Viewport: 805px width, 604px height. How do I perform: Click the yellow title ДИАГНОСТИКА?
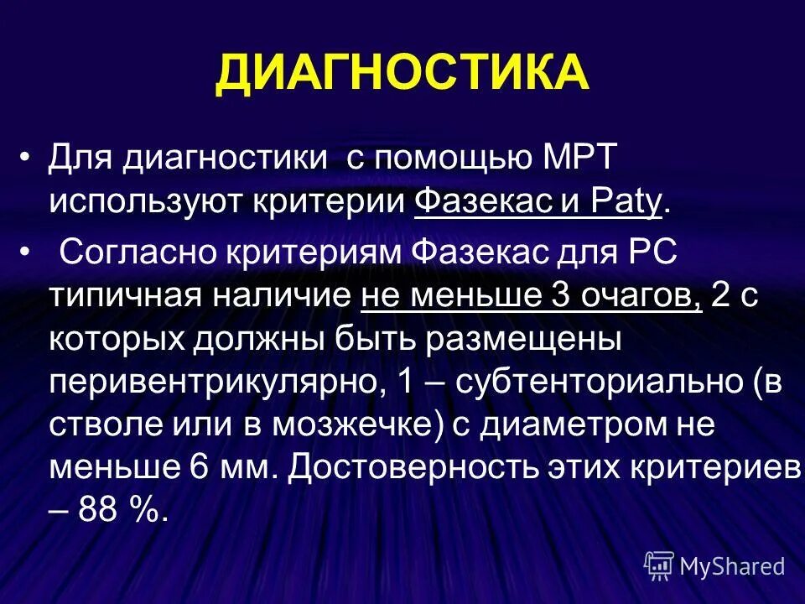pos(402,73)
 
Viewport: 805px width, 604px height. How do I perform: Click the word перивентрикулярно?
pos(209,383)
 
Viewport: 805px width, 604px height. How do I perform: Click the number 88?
pos(97,510)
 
